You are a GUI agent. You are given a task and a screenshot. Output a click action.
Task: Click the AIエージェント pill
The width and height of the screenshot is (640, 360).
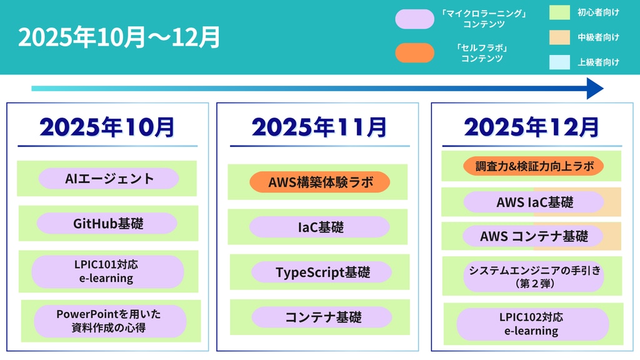(109, 178)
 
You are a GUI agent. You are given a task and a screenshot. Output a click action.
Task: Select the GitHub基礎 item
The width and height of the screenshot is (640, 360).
(107, 223)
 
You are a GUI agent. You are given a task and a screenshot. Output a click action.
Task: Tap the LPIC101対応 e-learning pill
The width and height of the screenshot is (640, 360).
(107, 271)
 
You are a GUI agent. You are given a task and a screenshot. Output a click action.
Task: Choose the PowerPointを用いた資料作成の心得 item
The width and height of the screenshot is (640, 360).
(110, 321)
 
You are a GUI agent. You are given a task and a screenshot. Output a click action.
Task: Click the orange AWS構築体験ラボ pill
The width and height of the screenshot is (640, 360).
(319, 182)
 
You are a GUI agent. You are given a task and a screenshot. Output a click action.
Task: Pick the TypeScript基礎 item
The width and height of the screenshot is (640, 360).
(322, 272)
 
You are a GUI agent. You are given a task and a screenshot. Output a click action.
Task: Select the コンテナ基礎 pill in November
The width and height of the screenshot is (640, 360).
(322, 317)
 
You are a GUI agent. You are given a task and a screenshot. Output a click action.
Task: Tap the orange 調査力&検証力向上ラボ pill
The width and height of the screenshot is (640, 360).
(534, 166)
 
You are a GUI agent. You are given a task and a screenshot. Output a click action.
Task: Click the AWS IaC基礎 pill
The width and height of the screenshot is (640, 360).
(534, 202)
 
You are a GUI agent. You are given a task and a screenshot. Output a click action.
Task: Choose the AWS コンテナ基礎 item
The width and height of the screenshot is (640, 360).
(533, 236)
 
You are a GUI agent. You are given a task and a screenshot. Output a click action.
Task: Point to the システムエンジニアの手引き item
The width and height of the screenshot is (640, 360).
(534, 276)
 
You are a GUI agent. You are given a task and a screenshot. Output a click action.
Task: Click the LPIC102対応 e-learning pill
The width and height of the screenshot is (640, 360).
(532, 324)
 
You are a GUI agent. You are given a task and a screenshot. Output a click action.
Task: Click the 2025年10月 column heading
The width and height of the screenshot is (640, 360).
(107, 127)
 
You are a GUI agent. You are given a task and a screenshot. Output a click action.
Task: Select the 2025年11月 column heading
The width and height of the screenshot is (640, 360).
(319, 127)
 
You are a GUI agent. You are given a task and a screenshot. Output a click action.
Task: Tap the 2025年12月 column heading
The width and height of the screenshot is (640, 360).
(531, 127)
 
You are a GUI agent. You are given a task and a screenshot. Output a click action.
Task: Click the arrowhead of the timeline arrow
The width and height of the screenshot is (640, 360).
(595, 89)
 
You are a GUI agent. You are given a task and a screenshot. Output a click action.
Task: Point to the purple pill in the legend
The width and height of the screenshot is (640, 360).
(415, 19)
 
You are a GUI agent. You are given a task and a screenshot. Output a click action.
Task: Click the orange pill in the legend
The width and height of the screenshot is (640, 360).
(415, 52)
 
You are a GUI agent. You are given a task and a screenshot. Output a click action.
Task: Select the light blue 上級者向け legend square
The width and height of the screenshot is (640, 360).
(559, 62)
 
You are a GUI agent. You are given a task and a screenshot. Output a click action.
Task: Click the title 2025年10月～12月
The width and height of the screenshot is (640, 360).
(119, 37)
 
